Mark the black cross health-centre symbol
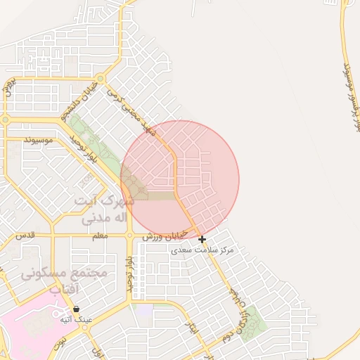tap(202, 240)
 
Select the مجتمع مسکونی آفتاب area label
tap(63, 279)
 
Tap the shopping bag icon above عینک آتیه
tap(76, 309)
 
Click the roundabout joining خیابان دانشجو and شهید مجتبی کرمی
tap(101, 79)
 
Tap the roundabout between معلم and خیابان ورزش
tap(130, 236)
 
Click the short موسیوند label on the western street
tap(39, 141)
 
